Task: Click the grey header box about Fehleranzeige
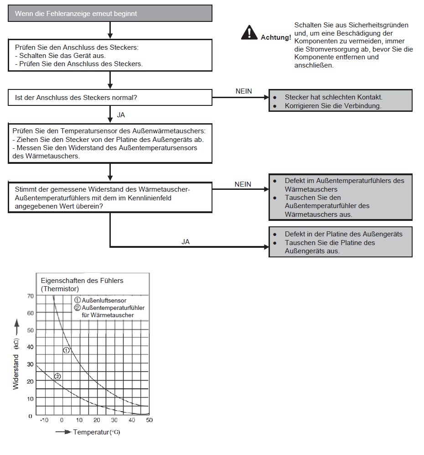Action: (x=110, y=14)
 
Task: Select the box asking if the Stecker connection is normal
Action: (x=110, y=98)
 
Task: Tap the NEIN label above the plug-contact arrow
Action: (x=243, y=91)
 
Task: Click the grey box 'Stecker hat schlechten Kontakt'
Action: (x=341, y=102)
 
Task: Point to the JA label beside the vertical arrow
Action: (x=121, y=115)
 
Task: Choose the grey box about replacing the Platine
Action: (x=341, y=242)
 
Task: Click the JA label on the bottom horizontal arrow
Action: (x=186, y=242)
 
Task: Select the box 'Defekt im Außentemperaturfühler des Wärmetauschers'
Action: (x=341, y=197)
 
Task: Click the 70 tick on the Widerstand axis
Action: (x=30, y=296)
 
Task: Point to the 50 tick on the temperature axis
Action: (x=149, y=420)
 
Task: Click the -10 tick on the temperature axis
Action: (x=44, y=420)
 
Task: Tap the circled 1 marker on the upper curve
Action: (x=66, y=350)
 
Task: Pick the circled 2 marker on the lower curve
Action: (x=57, y=377)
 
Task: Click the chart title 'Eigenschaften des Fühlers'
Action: (x=82, y=280)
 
